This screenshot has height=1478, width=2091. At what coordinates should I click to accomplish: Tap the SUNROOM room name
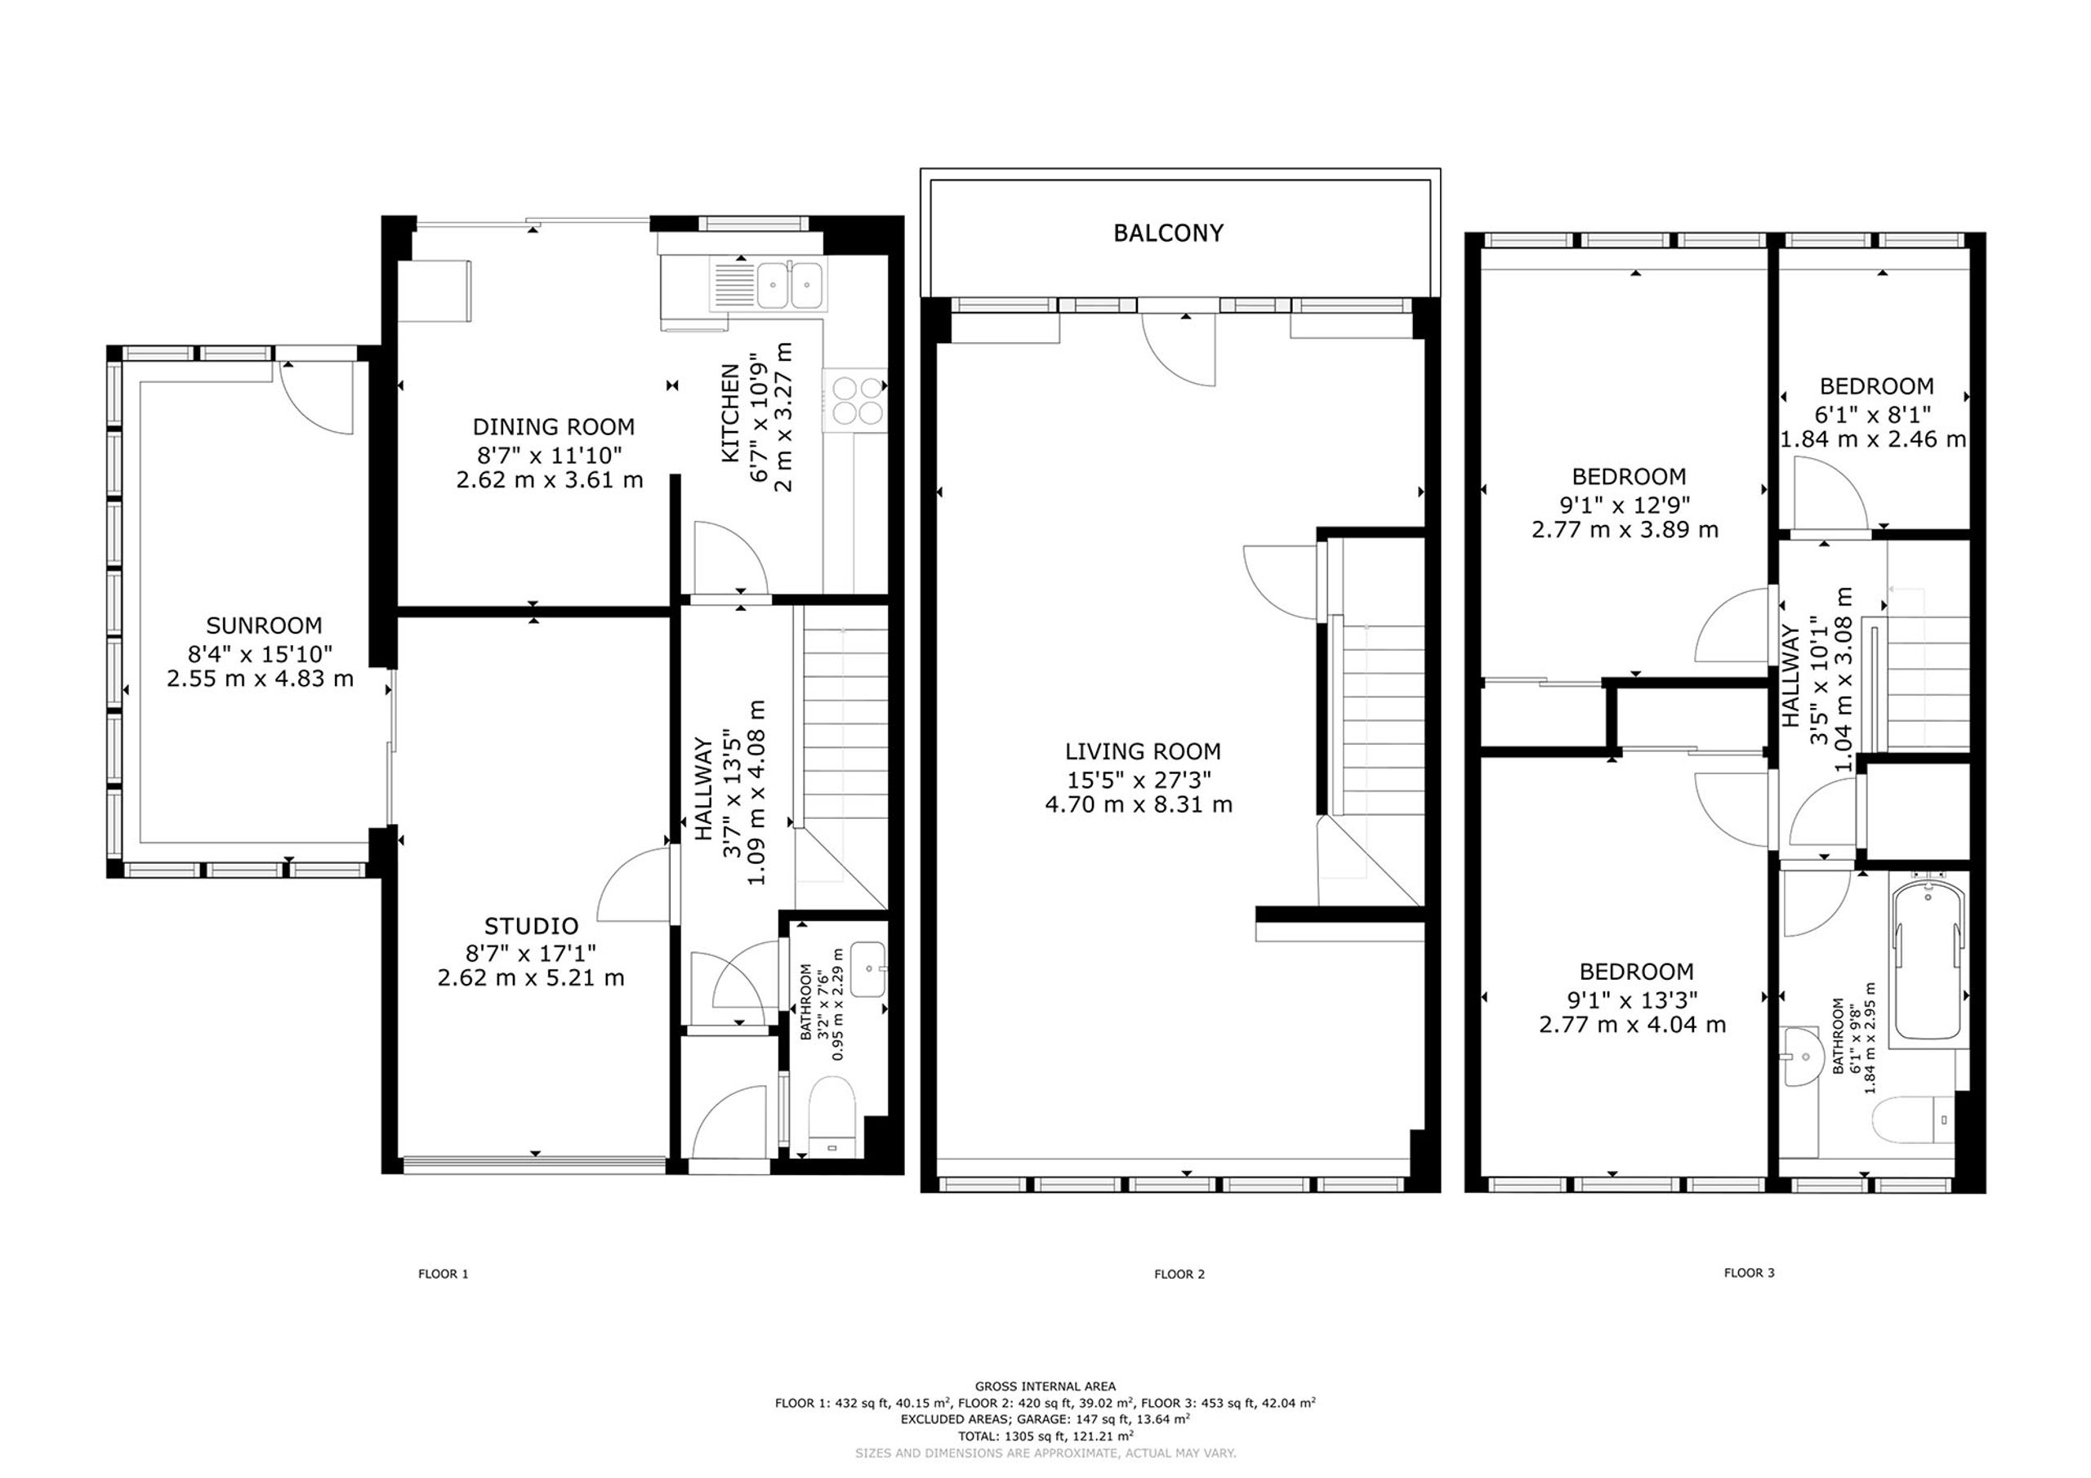tap(263, 625)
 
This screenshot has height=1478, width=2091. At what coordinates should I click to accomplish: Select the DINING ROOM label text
tap(554, 426)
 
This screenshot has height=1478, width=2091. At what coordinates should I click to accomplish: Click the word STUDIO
tap(531, 926)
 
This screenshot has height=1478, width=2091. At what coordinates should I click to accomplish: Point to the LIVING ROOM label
tap(1143, 751)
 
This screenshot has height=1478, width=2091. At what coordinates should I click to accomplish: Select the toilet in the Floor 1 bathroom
tap(831, 1116)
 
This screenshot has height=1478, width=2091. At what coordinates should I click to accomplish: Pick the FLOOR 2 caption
tap(1179, 1274)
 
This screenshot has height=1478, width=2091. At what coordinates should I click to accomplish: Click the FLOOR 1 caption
tap(444, 1274)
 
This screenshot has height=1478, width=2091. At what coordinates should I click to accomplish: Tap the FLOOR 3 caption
tap(1750, 1273)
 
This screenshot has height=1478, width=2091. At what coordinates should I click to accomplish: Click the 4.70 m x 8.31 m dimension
tap(1139, 805)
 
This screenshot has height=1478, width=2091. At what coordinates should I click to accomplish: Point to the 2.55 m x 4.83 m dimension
tap(261, 679)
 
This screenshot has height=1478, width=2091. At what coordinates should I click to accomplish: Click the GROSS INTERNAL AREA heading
tap(1045, 1387)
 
